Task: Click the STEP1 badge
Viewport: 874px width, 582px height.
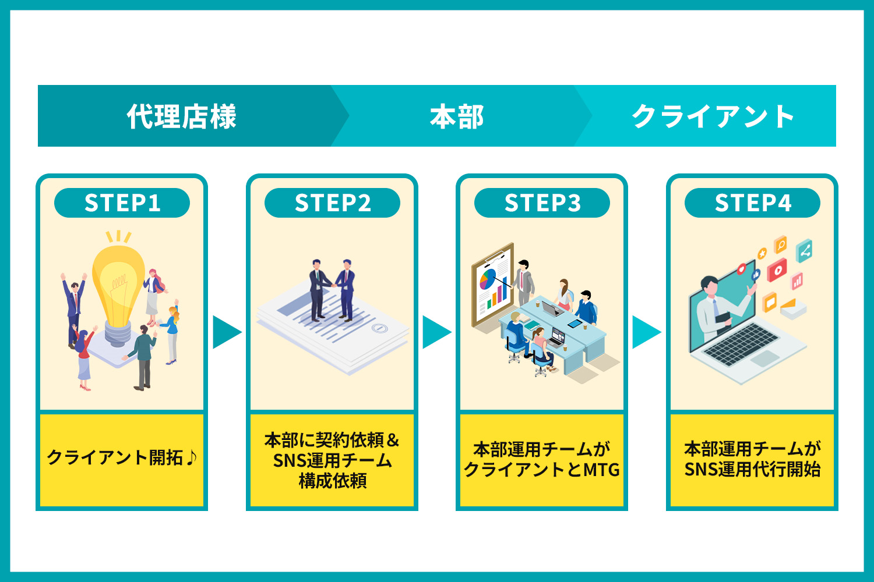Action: [x=122, y=203]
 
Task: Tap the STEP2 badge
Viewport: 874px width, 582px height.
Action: [x=333, y=203]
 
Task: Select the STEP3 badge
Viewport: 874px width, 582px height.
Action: [x=542, y=203]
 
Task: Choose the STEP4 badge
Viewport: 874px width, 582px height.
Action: [x=753, y=203]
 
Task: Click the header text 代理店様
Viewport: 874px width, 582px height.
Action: [x=182, y=116]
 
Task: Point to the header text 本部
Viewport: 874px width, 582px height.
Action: [x=457, y=116]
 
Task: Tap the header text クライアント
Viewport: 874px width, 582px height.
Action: [x=713, y=116]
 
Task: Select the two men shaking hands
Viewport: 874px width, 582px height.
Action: [x=332, y=290]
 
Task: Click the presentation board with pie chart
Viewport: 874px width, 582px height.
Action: [x=493, y=285]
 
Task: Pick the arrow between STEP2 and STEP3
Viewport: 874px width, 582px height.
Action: [x=437, y=332]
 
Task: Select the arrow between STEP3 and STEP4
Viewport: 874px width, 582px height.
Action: [x=647, y=332]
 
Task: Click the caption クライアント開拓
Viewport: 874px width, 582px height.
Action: [x=115, y=457]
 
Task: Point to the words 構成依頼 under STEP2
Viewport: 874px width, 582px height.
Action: [x=333, y=481]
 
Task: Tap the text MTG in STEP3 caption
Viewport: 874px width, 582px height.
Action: [x=601, y=470]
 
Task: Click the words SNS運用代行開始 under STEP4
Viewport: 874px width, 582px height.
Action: [x=753, y=469]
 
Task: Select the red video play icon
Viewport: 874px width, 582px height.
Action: [x=777, y=269]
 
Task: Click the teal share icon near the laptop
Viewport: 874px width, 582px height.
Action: [x=804, y=251]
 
